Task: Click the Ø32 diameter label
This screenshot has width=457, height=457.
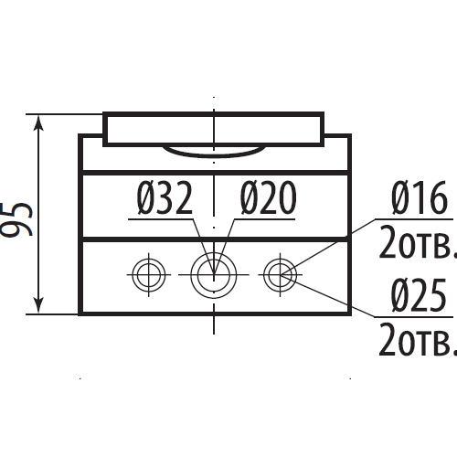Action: coord(165,197)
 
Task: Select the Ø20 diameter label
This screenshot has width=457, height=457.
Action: coord(268,197)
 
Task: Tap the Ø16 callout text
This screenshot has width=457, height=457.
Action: coord(420,197)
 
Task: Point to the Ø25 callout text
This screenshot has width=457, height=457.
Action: coord(419,295)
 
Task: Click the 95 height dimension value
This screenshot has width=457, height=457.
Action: coord(16,219)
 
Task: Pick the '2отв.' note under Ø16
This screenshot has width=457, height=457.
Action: coord(418,242)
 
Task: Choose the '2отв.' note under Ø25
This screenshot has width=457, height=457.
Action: coord(418,340)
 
